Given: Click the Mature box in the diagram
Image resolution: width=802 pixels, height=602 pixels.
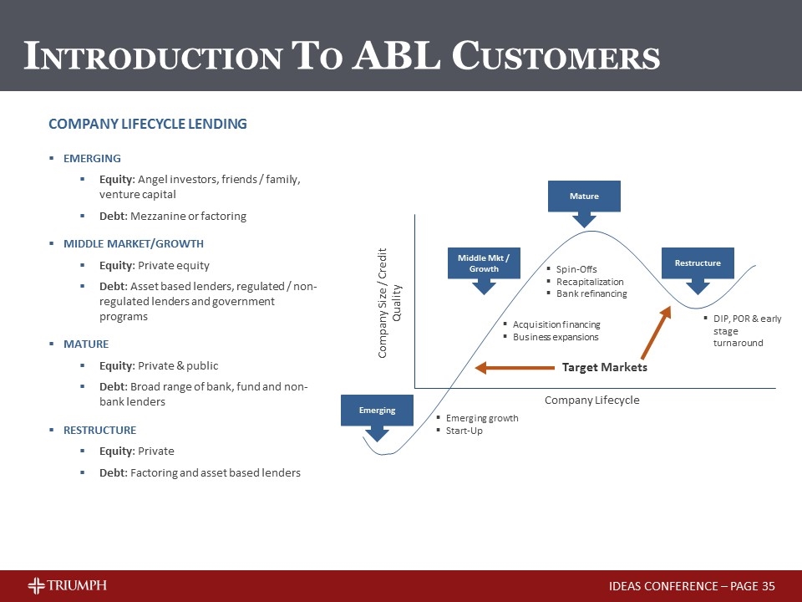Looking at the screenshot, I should tap(584, 196).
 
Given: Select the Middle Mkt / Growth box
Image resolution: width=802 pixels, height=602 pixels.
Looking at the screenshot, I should tap(484, 263).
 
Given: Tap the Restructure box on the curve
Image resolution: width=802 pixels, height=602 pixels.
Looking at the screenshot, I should tap(698, 263).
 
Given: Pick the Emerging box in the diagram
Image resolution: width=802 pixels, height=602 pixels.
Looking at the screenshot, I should tap(377, 411).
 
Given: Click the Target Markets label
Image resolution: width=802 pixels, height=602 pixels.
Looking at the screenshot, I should tap(604, 367).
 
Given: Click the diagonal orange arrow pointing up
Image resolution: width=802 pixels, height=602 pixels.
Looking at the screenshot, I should tap(655, 334).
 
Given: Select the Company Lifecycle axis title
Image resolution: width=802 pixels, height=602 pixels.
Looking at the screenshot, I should tap(591, 400).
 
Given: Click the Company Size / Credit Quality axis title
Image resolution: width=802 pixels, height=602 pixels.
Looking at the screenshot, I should tap(390, 303).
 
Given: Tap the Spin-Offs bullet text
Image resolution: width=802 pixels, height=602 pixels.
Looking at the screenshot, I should tap(576, 269).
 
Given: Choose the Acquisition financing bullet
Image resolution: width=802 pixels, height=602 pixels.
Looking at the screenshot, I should tap(556, 324).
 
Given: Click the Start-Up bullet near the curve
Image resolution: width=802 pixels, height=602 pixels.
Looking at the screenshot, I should tap(464, 431).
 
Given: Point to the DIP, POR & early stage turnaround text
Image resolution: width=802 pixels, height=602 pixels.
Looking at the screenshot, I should tap(746, 331).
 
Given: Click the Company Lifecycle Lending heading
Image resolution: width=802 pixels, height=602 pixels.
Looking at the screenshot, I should tap(148, 124).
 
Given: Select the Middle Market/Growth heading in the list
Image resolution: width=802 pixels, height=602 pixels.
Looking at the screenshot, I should tap(134, 244).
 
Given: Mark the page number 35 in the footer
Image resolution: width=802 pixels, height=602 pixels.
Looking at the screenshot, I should tap(769, 586).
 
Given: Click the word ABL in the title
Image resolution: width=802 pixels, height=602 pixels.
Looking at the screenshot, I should tap(399, 56).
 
